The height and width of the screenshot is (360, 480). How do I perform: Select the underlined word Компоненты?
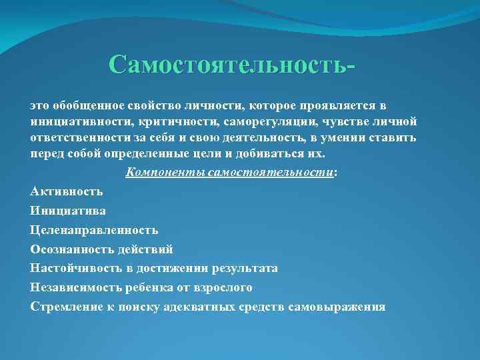click(165, 172)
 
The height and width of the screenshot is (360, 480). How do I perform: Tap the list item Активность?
click(66, 191)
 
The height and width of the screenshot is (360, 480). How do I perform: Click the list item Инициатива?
click(68, 211)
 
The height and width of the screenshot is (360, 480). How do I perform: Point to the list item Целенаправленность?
click(94, 230)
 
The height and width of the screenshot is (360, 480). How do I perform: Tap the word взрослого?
click(225, 287)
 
